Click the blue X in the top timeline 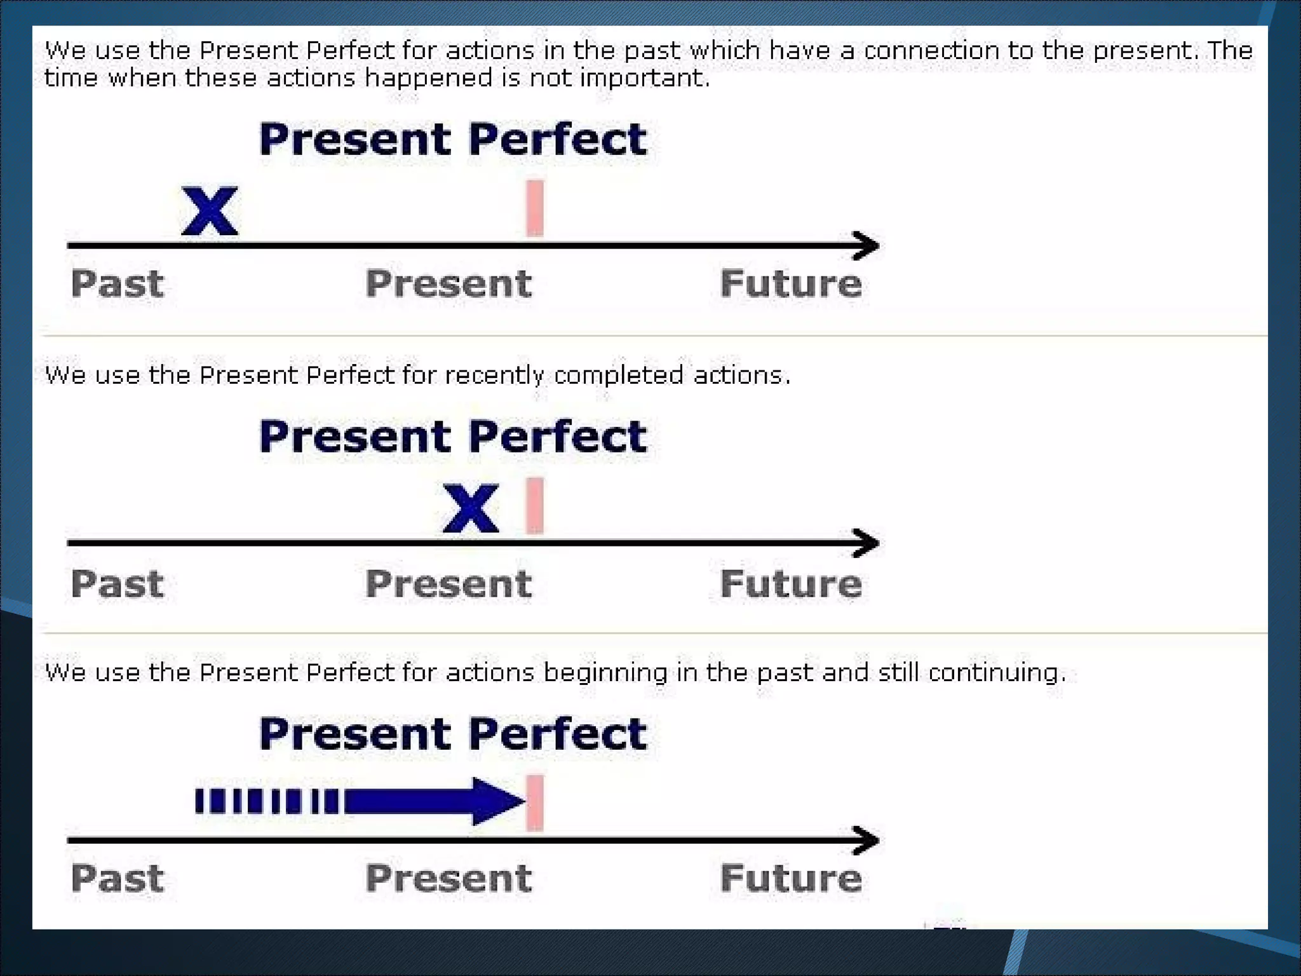click(210, 211)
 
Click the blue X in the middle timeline click(471, 508)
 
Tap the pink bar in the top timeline click(535, 208)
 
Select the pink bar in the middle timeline click(535, 506)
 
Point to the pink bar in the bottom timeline click(535, 803)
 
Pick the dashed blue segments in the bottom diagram click(267, 801)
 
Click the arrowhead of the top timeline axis click(866, 246)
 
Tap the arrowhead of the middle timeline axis click(866, 543)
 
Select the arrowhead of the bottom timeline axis click(866, 841)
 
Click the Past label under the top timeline click(118, 283)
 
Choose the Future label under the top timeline click(791, 283)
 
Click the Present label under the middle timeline click(448, 583)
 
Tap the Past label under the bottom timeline click(118, 878)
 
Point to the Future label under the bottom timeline click(791, 878)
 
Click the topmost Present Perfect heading click(453, 139)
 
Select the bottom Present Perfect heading click(453, 734)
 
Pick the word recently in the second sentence click(494, 376)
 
